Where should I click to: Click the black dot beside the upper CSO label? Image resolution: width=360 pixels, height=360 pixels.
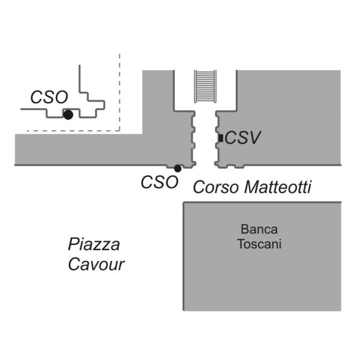click(x=68, y=115)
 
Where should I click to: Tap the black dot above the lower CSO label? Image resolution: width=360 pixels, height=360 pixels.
click(x=178, y=169)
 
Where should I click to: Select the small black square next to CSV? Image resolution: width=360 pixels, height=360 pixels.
click(x=221, y=138)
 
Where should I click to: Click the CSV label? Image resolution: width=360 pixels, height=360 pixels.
click(x=242, y=138)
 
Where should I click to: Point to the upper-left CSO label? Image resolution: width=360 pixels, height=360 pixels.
click(x=49, y=97)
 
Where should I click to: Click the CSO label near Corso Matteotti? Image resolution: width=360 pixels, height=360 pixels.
click(x=160, y=182)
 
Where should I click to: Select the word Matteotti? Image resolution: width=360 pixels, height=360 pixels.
click(x=278, y=187)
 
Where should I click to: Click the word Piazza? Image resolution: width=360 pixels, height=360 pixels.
click(x=94, y=244)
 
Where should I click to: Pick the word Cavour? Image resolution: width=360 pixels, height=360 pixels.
click(x=97, y=265)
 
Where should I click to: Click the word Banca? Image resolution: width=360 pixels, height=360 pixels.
click(x=259, y=229)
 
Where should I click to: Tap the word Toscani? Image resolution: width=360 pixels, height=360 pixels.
click(x=259, y=244)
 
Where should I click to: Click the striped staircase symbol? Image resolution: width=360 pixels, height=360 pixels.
click(x=205, y=86)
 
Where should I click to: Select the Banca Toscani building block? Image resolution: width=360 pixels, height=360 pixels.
click(x=262, y=256)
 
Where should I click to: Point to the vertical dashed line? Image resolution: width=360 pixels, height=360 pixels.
click(x=119, y=92)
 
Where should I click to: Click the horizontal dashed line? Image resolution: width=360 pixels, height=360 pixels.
click(x=73, y=131)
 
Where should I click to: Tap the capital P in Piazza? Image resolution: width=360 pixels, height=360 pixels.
click(x=74, y=244)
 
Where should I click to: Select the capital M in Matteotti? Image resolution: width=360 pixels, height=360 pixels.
click(x=253, y=187)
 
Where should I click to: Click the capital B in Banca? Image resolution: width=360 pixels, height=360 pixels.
click(x=244, y=229)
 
